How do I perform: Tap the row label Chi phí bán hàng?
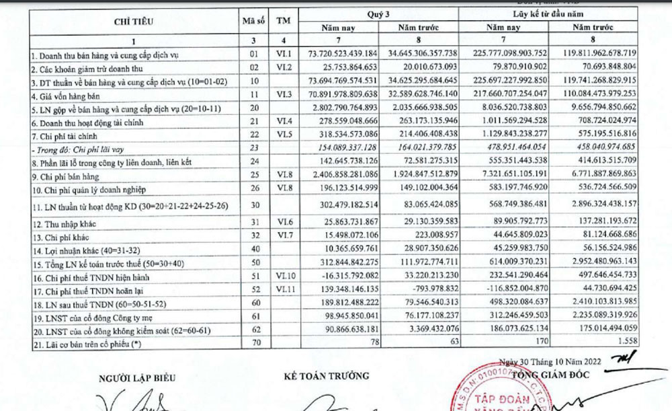60,174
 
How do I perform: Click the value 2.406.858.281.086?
341,174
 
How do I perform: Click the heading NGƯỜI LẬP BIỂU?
137,377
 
